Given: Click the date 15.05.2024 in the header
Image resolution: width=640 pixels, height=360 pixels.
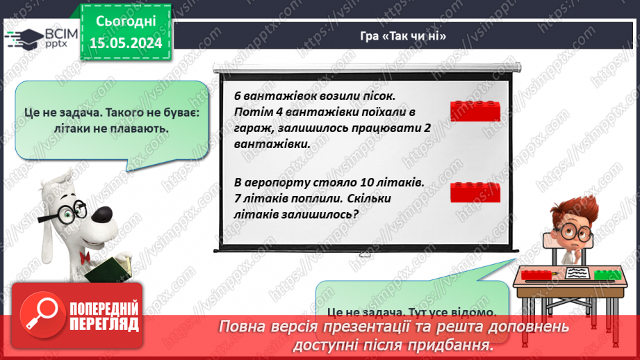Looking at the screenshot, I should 126,43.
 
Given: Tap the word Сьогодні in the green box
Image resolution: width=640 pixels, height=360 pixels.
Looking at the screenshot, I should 126,22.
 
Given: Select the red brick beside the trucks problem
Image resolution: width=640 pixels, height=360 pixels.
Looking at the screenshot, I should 475,111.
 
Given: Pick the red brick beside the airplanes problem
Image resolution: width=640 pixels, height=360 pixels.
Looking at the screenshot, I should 475,192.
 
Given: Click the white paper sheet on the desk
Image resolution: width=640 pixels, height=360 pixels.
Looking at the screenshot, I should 575,273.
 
